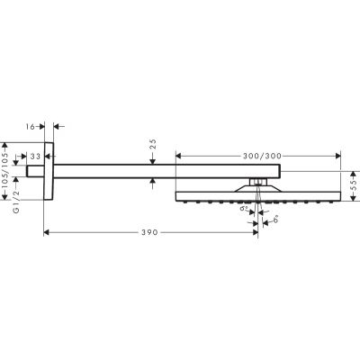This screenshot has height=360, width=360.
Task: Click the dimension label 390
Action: click(149, 232)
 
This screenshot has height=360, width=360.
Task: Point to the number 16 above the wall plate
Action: click(31, 127)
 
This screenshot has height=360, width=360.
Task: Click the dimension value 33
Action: click(33, 155)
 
